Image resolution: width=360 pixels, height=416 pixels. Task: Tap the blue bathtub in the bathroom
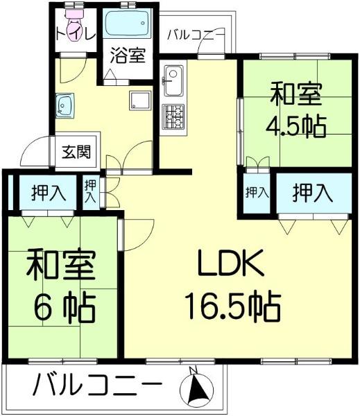tap(128, 23)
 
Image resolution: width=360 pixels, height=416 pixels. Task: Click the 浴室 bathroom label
tap(128, 55)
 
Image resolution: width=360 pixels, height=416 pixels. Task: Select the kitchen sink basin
tap(173, 80)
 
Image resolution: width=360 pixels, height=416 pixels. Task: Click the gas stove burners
tap(173, 116)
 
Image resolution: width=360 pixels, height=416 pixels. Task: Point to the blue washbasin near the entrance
tap(65, 105)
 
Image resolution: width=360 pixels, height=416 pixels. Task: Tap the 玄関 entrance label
tap(76, 152)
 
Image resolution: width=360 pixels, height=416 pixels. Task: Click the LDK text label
tap(232, 262)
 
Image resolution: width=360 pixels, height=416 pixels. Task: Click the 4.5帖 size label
tap(296, 127)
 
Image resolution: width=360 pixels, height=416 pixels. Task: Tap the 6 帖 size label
tap(65, 308)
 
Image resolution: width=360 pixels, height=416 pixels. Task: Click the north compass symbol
tap(196, 388)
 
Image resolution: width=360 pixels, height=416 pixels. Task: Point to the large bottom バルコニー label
tap(97, 384)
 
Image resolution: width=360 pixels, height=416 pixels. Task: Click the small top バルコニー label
tap(196, 35)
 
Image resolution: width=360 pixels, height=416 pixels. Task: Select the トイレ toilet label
tap(76, 35)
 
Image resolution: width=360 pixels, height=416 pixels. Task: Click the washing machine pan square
tap(140, 101)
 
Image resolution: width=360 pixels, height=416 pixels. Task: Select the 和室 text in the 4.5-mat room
tap(296, 94)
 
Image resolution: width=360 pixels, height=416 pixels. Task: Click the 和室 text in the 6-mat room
tap(60, 265)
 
